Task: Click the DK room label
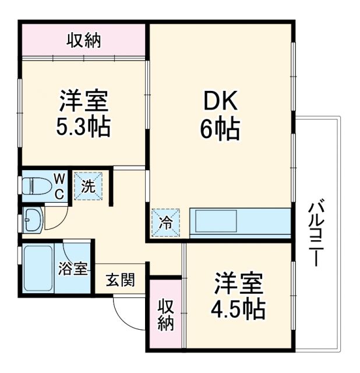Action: coord(220,103)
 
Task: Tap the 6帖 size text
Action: coord(220,130)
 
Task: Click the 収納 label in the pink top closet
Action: coord(83,40)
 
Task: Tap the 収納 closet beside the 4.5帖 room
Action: coord(165,315)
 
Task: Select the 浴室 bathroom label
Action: coord(73,269)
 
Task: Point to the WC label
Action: coord(59,186)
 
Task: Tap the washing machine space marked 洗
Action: coord(87,187)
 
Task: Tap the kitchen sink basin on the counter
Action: coord(216,222)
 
